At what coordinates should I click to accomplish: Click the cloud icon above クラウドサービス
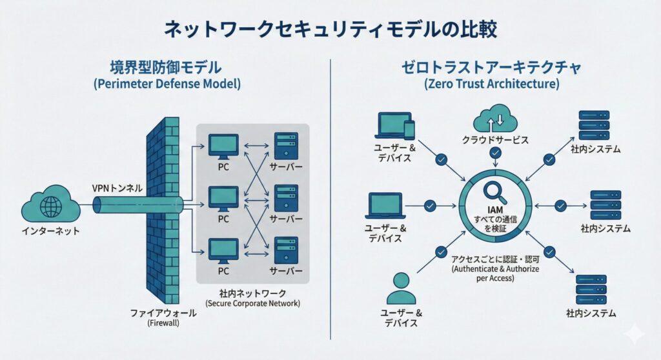(494, 120)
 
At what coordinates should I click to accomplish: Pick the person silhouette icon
(402, 288)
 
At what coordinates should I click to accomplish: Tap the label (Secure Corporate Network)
(252, 303)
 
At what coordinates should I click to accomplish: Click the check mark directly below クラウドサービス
(494, 154)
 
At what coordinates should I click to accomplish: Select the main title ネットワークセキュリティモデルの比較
(330, 30)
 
